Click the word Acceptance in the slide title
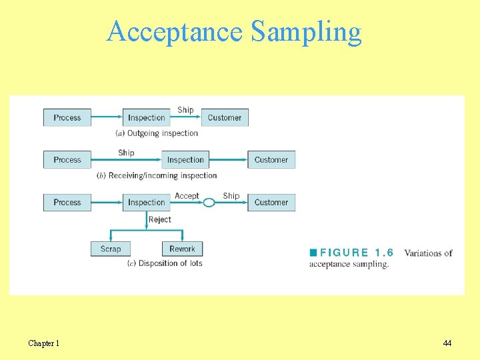[x=176, y=31]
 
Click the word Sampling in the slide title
[x=307, y=31]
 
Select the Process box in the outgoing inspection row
[x=67, y=117]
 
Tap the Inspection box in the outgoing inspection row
[x=146, y=117]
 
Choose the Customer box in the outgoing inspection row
[x=225, y=117]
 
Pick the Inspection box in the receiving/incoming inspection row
[x=185, y=160]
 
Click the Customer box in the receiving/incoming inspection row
[x=271, y=160]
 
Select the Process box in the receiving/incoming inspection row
[x=67, y=160]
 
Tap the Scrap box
[x=111, y=249]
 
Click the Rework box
[x=182, y=249]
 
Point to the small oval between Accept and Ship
[x=209, y=203]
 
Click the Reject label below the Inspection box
[x=160, y=219]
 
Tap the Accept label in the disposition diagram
[x=187, y=196]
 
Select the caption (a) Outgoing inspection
[x=157, y=133]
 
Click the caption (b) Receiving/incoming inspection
[x=157, y=175]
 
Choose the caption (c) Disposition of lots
[x=165, y=263]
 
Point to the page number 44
[x=447, y=343]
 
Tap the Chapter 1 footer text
[x=44, y=343]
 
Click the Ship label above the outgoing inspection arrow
[x=185, y=110]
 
